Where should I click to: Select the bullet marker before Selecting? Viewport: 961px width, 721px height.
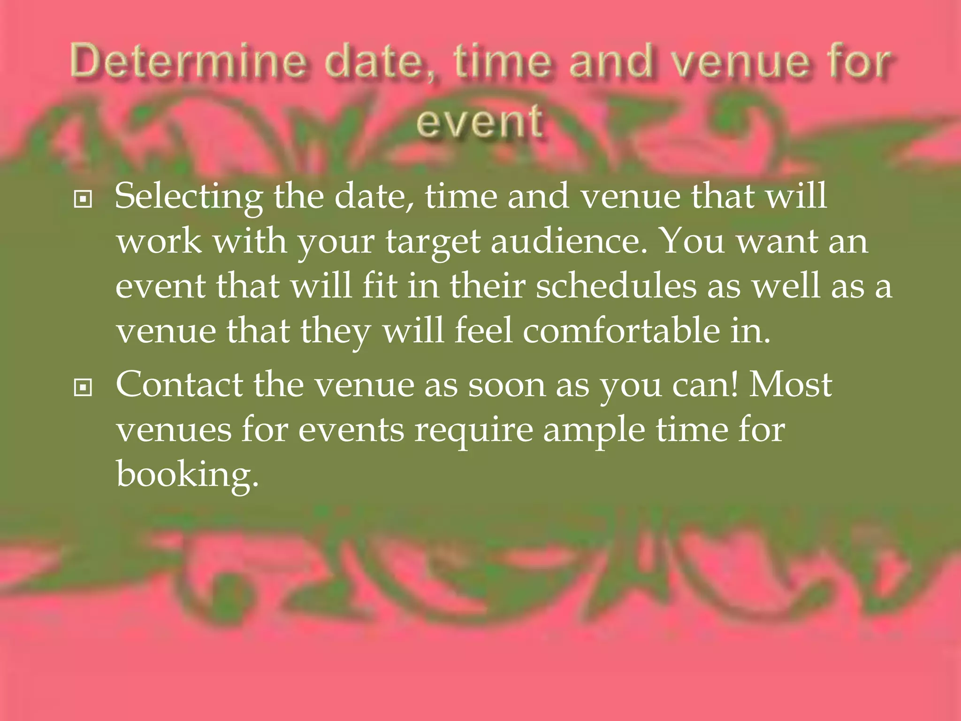click(83, 199)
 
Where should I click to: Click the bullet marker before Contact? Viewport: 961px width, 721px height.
click(83, 388)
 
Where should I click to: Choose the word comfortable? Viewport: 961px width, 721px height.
click(621, 330)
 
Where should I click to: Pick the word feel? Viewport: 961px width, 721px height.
click(483, 330)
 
